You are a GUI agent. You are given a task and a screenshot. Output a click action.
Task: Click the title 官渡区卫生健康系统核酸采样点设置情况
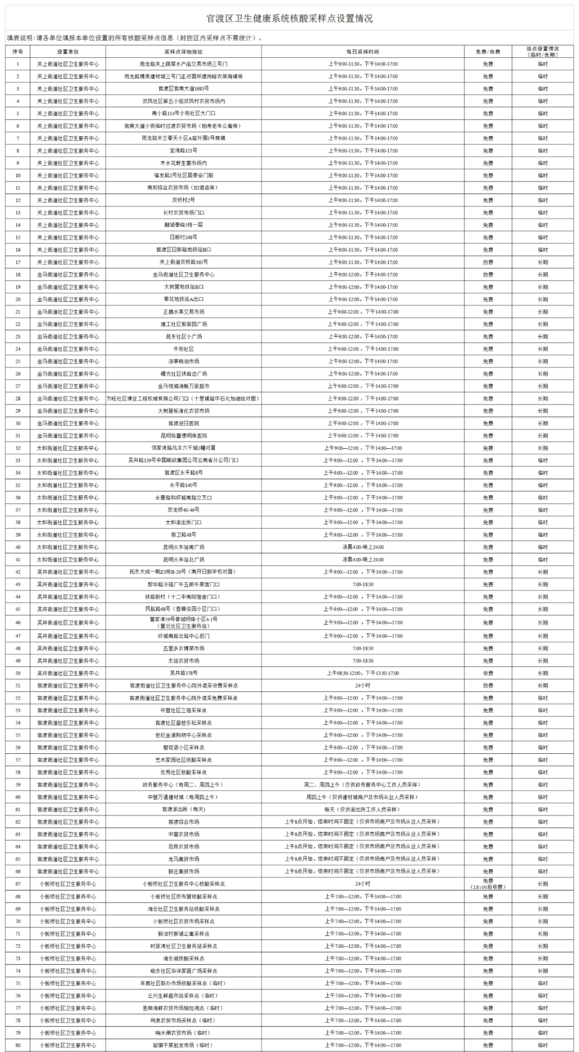[289, 19]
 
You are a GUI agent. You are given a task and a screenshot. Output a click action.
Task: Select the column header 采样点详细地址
[183, 52]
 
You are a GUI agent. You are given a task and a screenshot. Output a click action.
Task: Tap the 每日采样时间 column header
[362, 52]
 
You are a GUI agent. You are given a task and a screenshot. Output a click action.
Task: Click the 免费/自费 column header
[487, 52]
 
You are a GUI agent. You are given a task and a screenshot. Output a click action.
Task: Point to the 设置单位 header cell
[68, 52]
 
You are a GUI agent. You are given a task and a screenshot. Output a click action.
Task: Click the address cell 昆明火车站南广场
[183, 547]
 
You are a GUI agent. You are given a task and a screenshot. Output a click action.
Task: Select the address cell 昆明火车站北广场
[183, 559]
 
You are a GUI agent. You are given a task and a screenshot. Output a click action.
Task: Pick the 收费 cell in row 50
[487, 673]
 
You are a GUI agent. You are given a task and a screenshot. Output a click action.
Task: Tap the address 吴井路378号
[183, 673]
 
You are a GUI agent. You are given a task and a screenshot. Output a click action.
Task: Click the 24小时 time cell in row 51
[362, 685]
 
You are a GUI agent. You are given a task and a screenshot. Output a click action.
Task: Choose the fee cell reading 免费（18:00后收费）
[487, 884]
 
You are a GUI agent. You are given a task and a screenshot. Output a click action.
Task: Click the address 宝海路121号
[183, 151]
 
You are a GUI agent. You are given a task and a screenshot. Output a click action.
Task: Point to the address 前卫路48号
[183, 535]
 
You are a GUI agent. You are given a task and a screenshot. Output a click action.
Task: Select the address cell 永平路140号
[183, 485]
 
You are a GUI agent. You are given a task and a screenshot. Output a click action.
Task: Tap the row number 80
[18, 1044]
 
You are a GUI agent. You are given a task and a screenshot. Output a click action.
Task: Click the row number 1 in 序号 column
[18, 64]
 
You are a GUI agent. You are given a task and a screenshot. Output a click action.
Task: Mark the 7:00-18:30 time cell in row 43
[362, 584]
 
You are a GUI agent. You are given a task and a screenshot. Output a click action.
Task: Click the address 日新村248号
[183, 237]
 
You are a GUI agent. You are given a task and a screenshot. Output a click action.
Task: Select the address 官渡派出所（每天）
[183, 809]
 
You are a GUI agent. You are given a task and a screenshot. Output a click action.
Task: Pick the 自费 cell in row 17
[487, 262]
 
